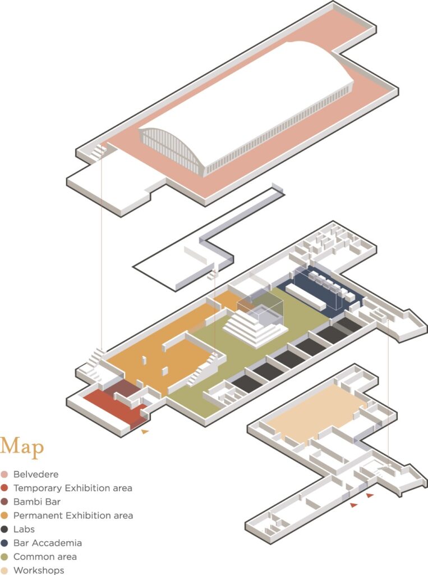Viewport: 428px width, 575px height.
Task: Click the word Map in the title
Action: [22, 446]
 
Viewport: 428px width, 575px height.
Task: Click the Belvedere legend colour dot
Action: [4, 474]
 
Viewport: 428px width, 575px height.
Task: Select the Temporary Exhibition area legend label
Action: [72, 488]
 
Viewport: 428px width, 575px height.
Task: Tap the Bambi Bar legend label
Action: [36, 501]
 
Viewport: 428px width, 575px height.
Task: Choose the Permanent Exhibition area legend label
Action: [73, 515]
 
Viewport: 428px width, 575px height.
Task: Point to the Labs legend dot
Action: [4, 529]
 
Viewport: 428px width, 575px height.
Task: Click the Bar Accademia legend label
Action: [47, 543]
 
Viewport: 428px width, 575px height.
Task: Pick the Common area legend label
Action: [45, 556]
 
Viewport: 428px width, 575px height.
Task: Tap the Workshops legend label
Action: [39, 571]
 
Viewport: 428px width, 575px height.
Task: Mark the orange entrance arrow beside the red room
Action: [145, 432]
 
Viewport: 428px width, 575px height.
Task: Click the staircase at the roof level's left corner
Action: [98, 151]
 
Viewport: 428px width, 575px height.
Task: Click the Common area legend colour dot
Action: [4, 556]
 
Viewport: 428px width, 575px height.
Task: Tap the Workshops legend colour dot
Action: [4, 571]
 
